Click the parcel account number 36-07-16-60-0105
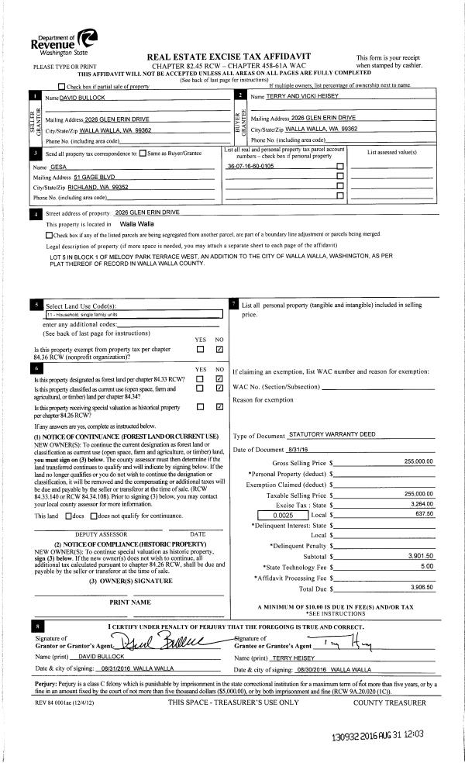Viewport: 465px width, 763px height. [x=250, y=166]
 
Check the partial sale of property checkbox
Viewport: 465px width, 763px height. [x=62, y=86]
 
